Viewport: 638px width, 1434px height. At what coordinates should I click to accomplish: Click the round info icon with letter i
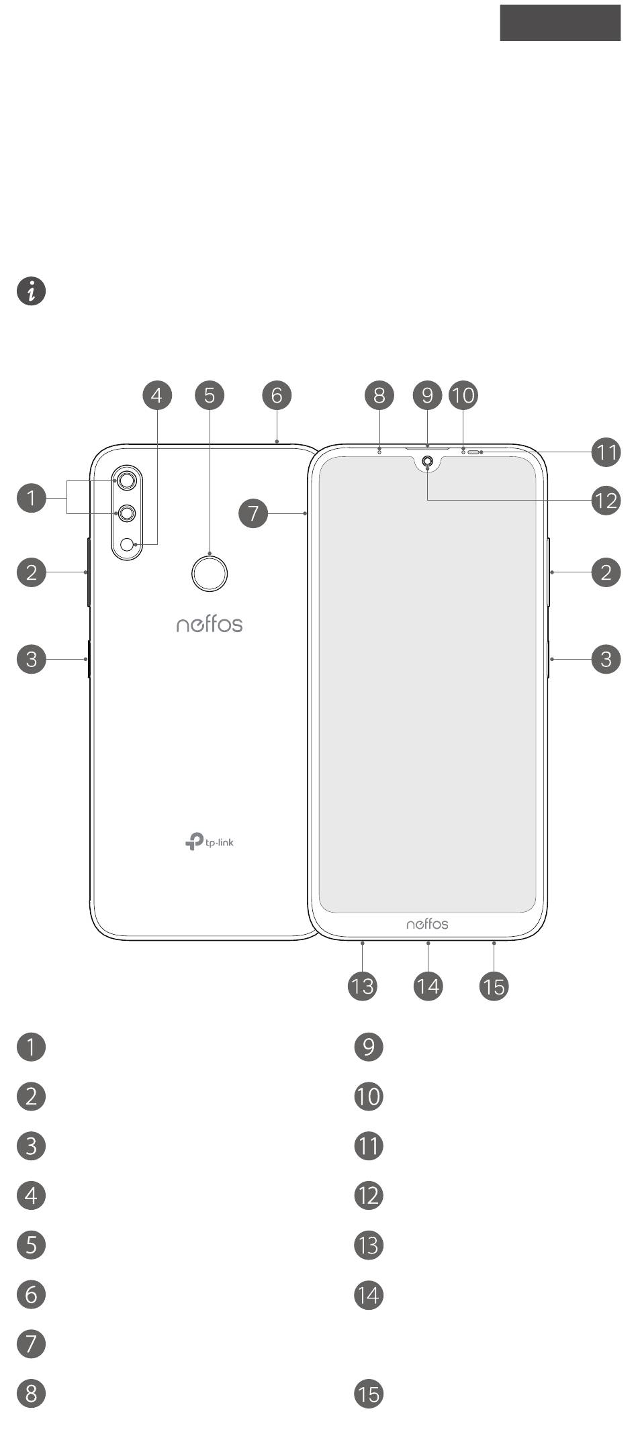tap(31, 292)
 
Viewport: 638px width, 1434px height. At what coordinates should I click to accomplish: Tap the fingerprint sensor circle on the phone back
tap(210, 573)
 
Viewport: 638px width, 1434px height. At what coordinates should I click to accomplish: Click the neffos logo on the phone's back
tap(210, 624)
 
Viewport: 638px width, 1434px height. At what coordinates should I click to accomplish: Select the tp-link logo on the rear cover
tap(210, 841)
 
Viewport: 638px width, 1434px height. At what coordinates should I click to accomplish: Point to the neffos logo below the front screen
tap(427, 924)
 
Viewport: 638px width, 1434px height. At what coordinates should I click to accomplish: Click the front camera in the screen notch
tap(427, 462)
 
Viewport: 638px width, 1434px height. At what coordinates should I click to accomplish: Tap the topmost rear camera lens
tap(127, 480)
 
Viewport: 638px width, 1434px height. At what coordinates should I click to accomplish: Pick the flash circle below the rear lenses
tap(126, 544)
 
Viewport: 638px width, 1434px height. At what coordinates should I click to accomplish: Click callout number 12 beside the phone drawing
tap(606, 501)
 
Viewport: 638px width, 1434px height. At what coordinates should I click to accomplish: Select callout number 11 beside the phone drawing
tap(606, 452)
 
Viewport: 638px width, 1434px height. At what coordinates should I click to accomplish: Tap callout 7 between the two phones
tap(253, 514)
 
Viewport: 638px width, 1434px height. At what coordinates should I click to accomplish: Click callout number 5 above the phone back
tap(210, 395)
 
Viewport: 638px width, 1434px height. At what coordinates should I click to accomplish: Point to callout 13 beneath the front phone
tap(363, 986)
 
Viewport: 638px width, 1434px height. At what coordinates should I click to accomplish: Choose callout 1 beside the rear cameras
tap(31, 499)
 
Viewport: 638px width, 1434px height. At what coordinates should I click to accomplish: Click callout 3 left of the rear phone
tap(31, 659)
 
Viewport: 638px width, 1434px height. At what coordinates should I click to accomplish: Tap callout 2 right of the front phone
tap(606, 572)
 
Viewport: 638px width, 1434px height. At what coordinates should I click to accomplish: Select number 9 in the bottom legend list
tap(369, 1047)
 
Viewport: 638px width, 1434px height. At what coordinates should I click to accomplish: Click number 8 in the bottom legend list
tap(31, 1394)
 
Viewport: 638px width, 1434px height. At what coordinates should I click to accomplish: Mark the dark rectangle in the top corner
tap(560, 23)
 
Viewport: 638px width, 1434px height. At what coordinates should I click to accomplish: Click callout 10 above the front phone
tap(463, 395)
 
